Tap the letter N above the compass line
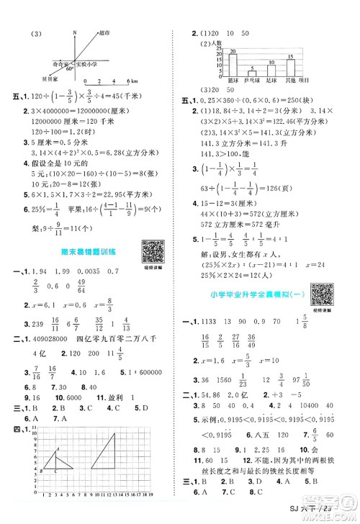click(74, 32)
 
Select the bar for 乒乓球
click(252, 73)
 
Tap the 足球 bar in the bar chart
click(271, 69)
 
